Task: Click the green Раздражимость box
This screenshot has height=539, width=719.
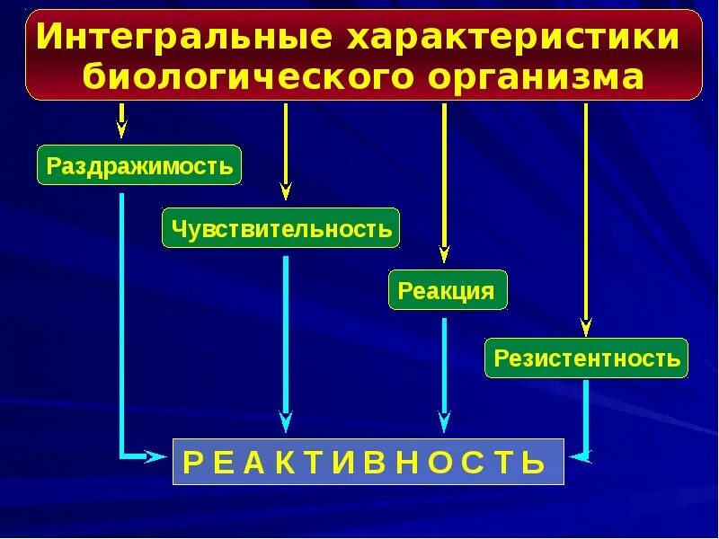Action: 139,165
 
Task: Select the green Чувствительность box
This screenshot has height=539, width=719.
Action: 280,228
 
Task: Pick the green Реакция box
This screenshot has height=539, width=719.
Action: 447,290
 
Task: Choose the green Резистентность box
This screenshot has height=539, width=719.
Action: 586,358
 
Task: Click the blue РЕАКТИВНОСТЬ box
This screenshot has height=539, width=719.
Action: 368,462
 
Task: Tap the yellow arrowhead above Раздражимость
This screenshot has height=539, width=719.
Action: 121,128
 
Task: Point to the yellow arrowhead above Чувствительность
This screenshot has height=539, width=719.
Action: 286,190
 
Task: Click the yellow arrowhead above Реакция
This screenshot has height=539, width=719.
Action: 444,253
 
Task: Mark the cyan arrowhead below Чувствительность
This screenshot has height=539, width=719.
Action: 286,420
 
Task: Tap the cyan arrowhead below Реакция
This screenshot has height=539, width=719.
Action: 444,420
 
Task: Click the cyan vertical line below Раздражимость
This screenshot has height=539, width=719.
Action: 121,314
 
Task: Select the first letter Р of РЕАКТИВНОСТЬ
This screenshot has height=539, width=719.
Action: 192,463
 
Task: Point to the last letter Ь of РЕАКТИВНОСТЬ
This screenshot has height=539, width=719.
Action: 535,463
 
